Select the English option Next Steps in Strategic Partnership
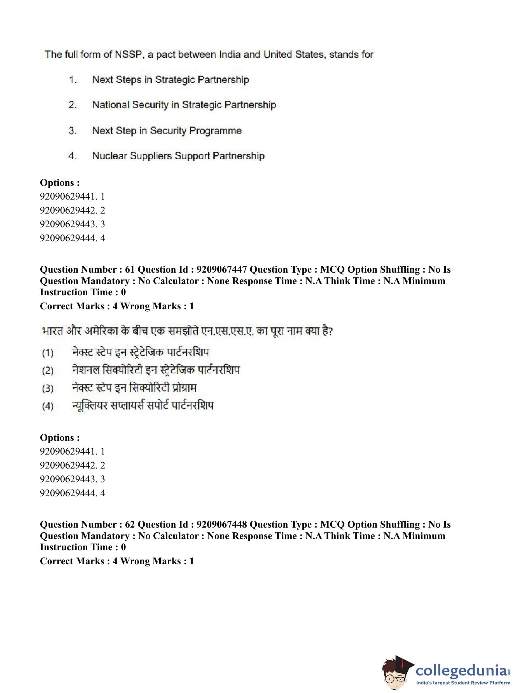170,79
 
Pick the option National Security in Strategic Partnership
184,105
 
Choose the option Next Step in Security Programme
167,131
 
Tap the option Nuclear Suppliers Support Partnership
178,156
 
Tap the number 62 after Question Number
130,525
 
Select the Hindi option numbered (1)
140,352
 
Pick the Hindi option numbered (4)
143,406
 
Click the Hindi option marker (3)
48,388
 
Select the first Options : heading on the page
60,182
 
